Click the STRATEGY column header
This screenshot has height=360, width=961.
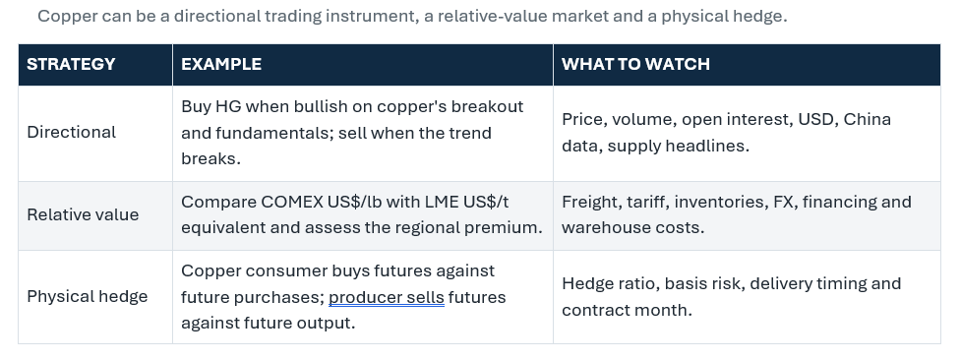pyautogui.click(x=71, y=64)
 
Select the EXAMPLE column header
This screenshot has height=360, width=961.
pyautogui.click(x=221, y=64)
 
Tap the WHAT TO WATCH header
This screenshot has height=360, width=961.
pyautogui.click(x=635, y=64)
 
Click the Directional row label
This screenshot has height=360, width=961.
pyautogui.click(x=71, y=133)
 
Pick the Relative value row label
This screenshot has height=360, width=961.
pyautogui.click(x=83, y=214)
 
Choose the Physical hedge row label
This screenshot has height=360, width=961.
pyautogui.click(x=87, y=297)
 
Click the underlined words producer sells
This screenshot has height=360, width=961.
pyautogui.click(x=387, y=297)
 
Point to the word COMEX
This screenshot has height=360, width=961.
pyautogui.click(x=292, y=202)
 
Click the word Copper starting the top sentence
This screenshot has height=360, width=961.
pyautogui.click(x=68, y=17)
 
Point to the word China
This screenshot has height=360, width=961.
pyautogui.click(x=867, y=119)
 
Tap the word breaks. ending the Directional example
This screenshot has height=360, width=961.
pyautogui.click(x=210, y=158)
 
